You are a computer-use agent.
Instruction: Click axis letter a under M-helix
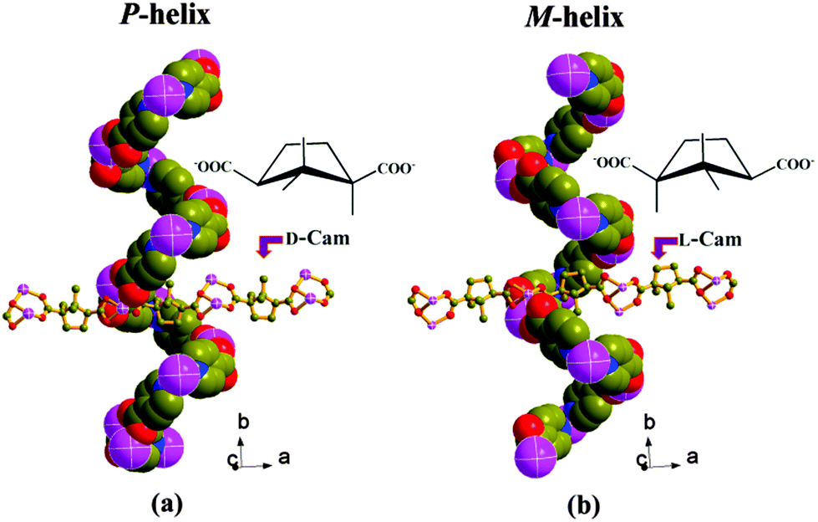coord(693,458)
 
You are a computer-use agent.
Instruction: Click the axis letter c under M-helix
coord(640,458)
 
